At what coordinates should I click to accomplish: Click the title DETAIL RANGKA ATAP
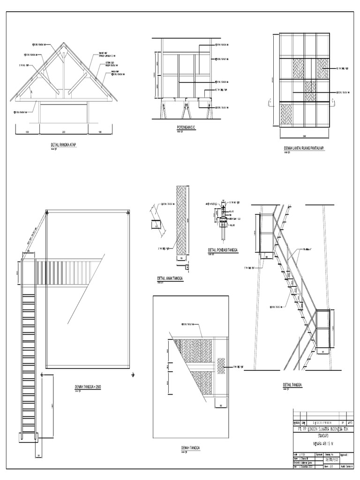coord(63,145)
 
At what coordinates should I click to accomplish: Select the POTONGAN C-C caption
coord(181,127)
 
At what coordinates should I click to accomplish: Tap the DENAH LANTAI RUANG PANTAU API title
coord(305,148)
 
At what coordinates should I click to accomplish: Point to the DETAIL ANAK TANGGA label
coord(170,278)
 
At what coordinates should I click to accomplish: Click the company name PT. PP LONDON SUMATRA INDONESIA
coord(321,428)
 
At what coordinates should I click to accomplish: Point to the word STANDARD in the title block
coord(321,435)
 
